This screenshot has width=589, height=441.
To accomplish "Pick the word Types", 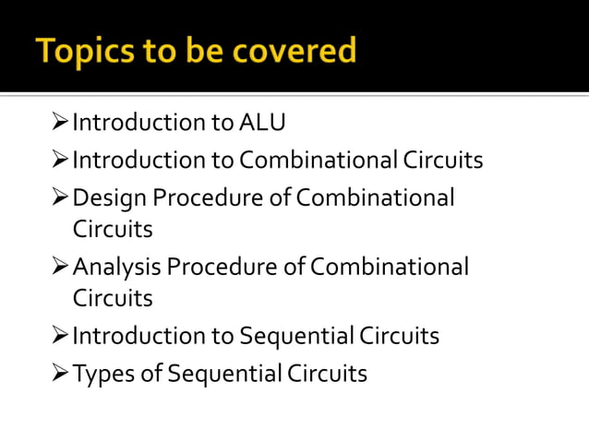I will tap(99, 374).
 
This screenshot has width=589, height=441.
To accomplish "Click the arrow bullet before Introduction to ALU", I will tap(60, 123).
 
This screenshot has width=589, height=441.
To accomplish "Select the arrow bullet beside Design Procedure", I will tap(60, 198).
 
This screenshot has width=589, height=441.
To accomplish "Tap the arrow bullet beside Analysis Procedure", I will tap(60, 268).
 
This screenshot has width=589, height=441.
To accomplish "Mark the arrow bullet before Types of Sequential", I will tap(60, 374).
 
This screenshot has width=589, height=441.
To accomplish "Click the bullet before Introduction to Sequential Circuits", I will tap(60, 336).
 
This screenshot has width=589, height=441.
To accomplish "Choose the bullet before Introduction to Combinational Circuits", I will tap(60, 161).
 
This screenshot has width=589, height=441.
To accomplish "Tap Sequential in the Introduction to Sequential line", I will tap(295, 336).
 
